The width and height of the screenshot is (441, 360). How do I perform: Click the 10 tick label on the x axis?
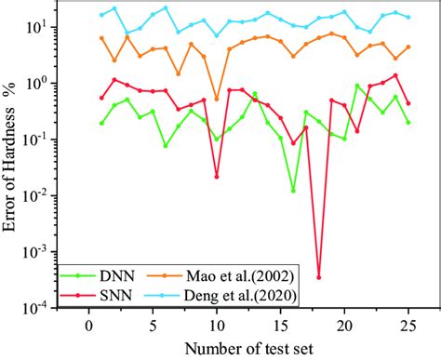[217, 326]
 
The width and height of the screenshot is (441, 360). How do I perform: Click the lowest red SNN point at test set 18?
[318, 277]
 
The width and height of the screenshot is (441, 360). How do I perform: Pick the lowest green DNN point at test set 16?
[293, 191]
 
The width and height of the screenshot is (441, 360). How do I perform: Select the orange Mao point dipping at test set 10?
[217, 99]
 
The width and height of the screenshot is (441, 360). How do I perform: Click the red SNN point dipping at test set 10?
[217, 176]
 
